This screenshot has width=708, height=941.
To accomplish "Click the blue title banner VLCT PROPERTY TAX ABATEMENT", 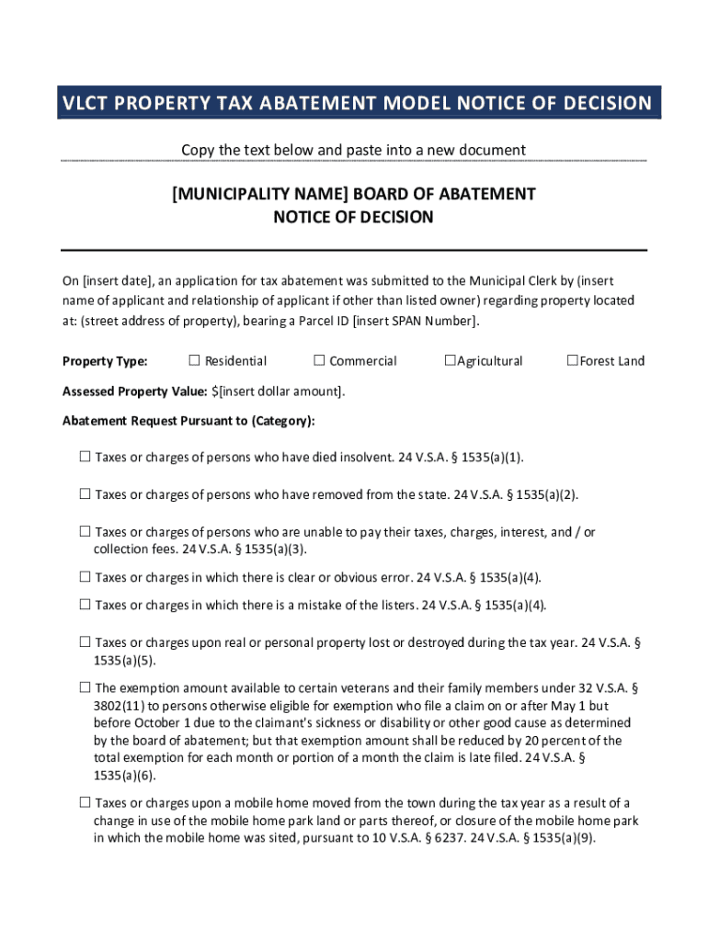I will (356, 103).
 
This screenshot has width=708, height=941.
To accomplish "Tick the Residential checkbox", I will (194, 360).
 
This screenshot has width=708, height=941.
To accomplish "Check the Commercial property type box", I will (319, 360).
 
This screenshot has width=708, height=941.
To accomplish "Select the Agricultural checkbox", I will (450, 360).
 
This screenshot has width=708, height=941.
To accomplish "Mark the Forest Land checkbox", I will (572, 360).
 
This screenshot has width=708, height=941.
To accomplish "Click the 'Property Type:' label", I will (105, 361).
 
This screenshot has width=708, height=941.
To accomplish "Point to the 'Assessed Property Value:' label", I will (134, 391).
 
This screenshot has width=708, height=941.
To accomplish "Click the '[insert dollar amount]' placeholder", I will (280, 391).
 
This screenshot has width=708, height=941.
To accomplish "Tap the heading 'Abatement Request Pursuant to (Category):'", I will (188, 421).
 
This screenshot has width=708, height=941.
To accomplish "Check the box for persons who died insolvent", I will (85, 457).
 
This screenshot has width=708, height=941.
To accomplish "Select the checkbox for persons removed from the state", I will (85, 494).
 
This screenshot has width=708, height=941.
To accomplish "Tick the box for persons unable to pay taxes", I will (85, 531).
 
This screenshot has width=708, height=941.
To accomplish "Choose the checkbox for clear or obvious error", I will (85, 577).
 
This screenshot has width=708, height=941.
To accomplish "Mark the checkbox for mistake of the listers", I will (85, 604).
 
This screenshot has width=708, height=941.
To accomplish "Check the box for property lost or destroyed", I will (85, 641).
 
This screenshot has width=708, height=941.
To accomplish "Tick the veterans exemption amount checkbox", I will (85, 686).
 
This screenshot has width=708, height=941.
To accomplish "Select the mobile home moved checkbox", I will (85, 802).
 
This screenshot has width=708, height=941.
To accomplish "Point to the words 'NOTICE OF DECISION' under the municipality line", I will (353, 218).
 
